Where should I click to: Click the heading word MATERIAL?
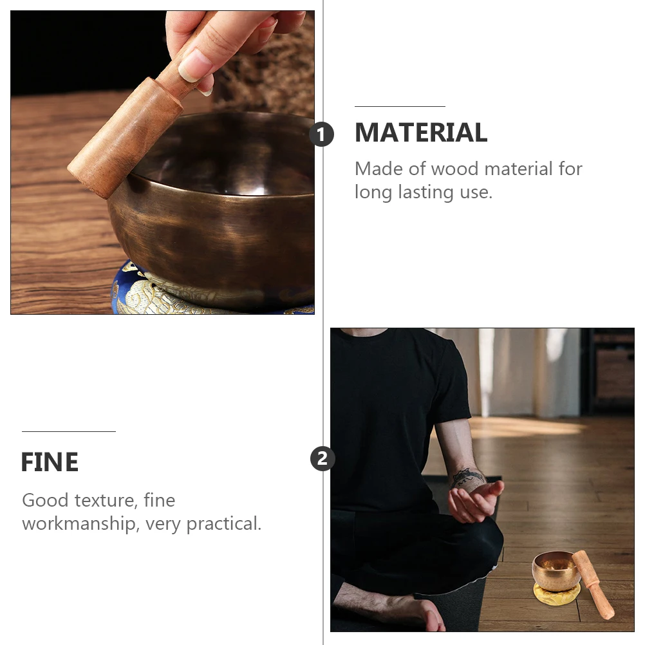point(421,133)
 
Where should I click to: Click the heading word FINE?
point(50,462)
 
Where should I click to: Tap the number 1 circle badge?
point(322,135)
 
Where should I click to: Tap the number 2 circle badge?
point(322,459)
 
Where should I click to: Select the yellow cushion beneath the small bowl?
point(555,592)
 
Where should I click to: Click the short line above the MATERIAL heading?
point(400,106)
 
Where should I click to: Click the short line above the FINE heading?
point(68,431)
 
